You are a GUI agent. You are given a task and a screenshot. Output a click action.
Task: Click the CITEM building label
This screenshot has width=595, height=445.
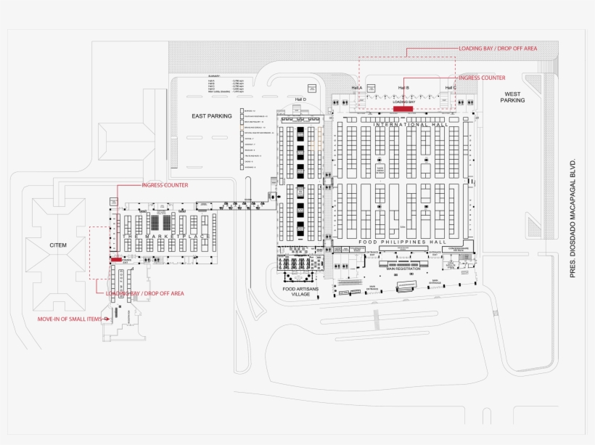click(x=58, y=245)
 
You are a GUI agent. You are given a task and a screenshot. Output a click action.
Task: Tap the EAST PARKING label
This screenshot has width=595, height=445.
click(x=212, y=116)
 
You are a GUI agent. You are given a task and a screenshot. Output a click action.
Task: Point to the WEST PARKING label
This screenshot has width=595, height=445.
click(x=512, y=97)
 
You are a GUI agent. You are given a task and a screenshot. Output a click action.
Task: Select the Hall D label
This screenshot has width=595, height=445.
click(x=300, y=99)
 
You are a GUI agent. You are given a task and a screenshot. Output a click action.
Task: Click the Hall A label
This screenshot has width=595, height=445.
click(x=356, y=88)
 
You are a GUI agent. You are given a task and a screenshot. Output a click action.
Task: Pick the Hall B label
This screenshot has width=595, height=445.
click(x=403, y=88)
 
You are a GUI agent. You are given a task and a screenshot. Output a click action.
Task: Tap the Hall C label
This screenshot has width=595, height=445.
click(x=451, y=88)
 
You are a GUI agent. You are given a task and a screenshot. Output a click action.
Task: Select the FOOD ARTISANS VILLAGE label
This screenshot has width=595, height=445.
click(x=300, y=292)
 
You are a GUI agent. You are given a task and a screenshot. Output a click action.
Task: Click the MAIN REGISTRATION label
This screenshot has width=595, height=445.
click(x=403, y=269)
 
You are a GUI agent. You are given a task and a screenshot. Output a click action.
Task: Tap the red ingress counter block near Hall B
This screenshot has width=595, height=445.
click(x=403, y=108)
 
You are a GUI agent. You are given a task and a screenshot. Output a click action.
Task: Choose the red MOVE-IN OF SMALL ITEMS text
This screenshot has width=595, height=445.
click(x=71, y=318)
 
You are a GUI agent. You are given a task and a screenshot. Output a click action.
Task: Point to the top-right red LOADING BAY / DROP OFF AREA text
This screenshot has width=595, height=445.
click(x=498, y=48)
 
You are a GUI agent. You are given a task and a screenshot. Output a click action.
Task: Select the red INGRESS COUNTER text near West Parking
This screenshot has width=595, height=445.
click(x=482, y=78)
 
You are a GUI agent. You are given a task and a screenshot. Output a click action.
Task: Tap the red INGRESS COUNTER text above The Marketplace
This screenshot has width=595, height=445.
click(x=165, y=185)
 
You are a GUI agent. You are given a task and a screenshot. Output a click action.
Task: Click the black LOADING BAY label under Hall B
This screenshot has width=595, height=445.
click(x=403, y=102)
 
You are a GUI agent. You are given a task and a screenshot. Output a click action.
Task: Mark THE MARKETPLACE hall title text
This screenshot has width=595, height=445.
click(x=166, y=237)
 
